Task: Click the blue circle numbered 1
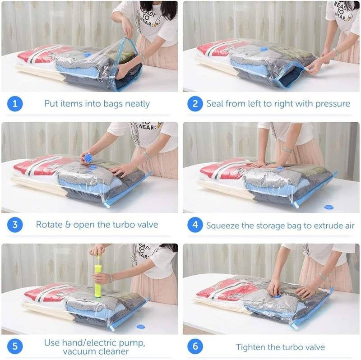tap(14, 104)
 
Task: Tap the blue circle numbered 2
tap(195, 104)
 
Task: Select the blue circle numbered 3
tap(14, 224)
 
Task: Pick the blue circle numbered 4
tap(195, 224)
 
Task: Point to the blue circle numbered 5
tap(14, 346)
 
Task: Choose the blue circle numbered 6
tap(195, 346)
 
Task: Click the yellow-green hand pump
tap(98, 281)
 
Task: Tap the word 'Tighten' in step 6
tap(251, 347)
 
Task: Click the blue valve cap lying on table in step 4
tap(329, 207)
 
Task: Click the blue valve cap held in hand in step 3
tap(88, 158)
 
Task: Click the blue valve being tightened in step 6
tap(277, 296)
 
